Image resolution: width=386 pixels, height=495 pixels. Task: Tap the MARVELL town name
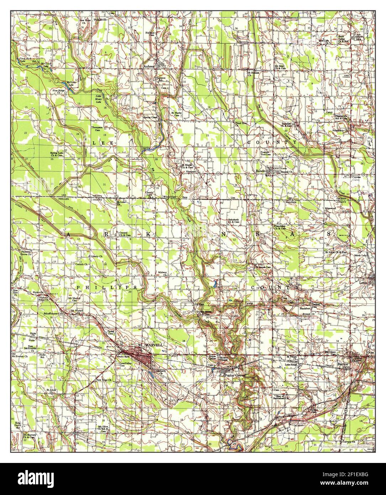[153, 345]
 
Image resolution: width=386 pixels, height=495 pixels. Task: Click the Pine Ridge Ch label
[59, 91]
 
